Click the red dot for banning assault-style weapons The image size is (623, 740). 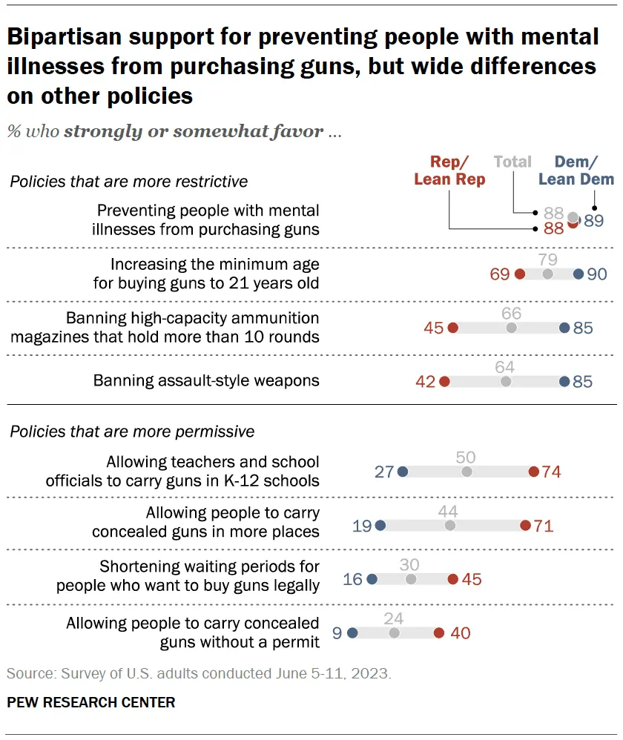[x=444, y=381]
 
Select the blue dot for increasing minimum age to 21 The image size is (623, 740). [x=578, y=274]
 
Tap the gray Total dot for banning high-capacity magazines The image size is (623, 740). [x=511, y=328]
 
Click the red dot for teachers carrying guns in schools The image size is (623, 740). [x=533, y=472]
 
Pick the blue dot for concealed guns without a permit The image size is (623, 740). [x=352, y=633]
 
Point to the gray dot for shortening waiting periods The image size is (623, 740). [x=411, y=579]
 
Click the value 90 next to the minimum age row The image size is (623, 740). [x=597, y=274]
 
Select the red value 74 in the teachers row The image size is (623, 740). [x=551, y=472]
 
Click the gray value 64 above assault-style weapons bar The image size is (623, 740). [x=505, y=367]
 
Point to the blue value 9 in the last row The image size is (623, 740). [x=338, y=633]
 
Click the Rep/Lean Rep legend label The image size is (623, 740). [x=449, y=171]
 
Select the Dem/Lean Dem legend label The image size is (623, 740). [x=576, y=171]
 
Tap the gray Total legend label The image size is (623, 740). [x=512, y=162]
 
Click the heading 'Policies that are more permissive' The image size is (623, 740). [x=132, y=432]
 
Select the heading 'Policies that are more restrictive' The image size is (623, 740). [x=129, y=181]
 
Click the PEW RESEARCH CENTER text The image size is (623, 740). [x=91, y=702]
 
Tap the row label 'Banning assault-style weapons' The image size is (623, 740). [x=206, y=381]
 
